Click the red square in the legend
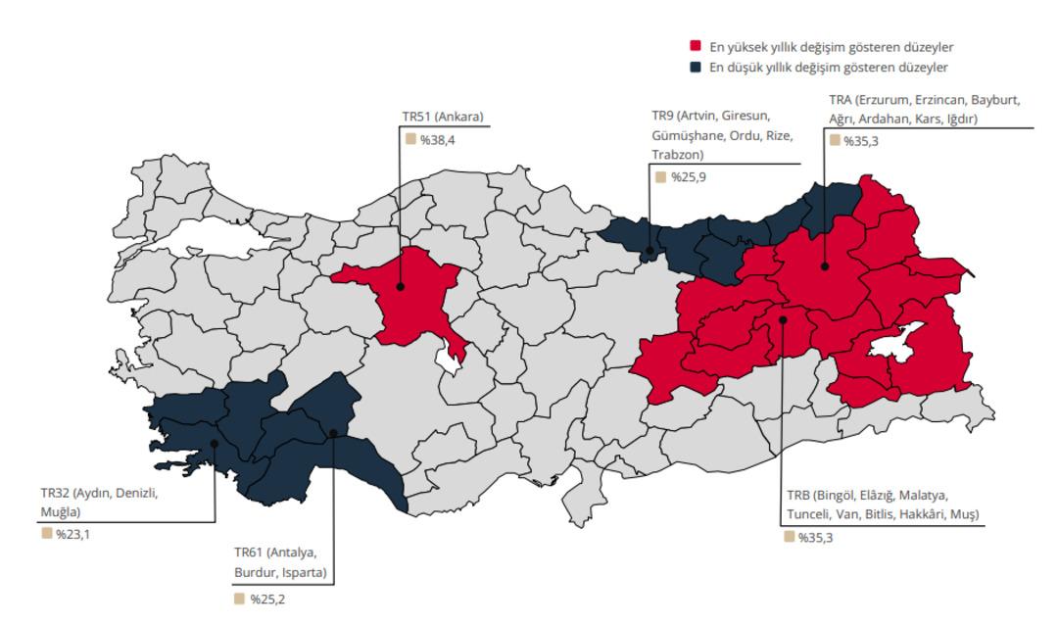tap(696, 47)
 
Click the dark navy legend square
tap(696, 67)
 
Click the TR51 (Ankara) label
tap(442, 118)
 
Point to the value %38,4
tap(437, 140)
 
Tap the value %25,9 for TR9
tap(687, 177)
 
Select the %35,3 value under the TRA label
tap(861, 140)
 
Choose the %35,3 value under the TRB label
tap(815, 537)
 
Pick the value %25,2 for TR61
tap(266, 599)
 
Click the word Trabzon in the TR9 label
tap(676, 155)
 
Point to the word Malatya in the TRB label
tap(921, 495)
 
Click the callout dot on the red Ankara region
tap(400, 287)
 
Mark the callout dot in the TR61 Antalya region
tap(333, 433)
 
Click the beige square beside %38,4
tap(410, 139)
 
